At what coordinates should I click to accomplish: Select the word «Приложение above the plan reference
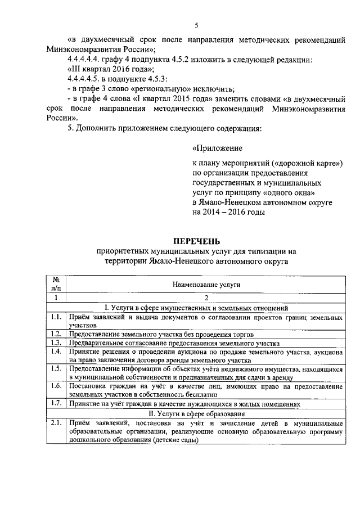(217, 149)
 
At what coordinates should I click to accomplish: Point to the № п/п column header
(56, 284)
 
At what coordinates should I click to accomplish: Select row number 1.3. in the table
(56, 343)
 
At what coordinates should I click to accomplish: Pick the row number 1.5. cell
(56, 368)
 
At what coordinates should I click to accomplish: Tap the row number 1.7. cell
(56, 404)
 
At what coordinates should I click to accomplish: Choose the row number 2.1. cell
(56, 422)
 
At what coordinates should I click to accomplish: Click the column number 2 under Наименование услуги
(206, 298)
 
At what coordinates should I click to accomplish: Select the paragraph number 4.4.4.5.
(84, 79)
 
